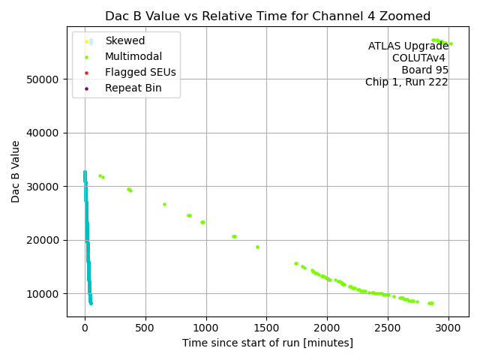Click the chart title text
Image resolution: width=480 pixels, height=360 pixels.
tap(267, 16)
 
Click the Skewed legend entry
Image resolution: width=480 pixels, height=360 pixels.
tap(124, 40)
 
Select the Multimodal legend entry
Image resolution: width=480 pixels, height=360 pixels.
tap(133, 56)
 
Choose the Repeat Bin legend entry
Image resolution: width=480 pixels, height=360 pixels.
tap(133, 88)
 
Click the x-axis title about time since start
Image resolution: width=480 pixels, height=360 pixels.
tap(267, 343)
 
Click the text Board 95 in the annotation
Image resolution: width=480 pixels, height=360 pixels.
tap(424, 70)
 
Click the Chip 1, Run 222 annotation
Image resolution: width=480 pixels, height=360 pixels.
tap(406, 82)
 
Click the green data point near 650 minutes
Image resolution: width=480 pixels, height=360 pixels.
tap(164, 204)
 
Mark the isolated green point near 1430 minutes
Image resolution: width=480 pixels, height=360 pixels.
tap(257, 247)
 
